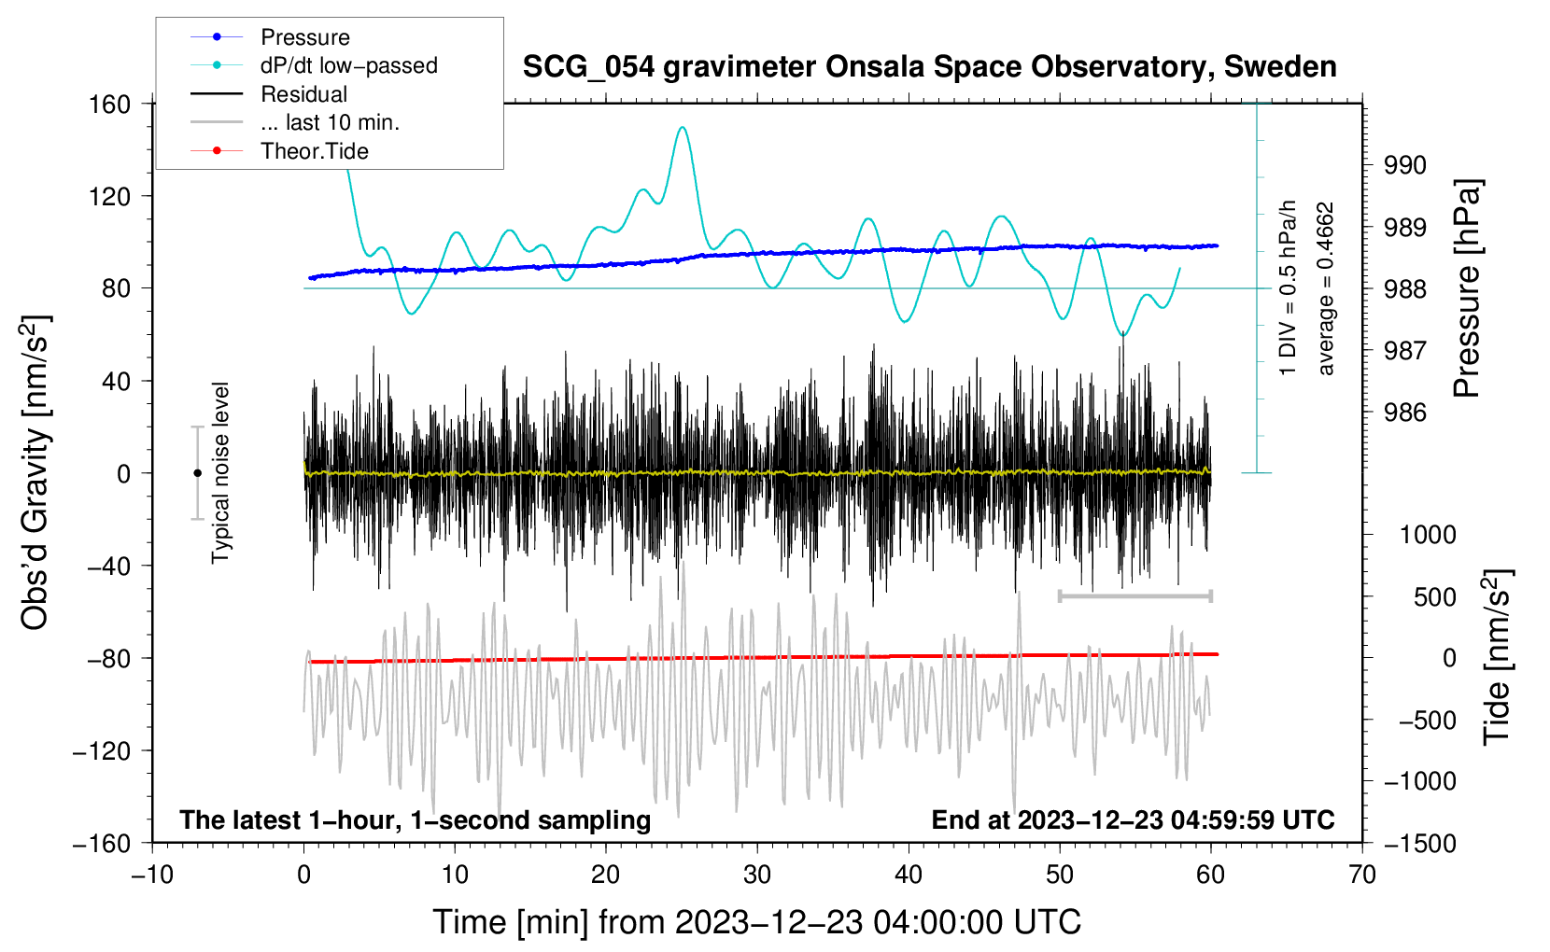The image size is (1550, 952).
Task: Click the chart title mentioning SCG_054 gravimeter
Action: click(x=929, y=67)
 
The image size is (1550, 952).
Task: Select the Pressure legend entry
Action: click(x=304, y=37)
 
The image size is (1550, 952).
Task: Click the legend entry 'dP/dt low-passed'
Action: click(x=348, y=65)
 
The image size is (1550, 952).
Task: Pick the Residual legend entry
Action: click(x=303, y=94)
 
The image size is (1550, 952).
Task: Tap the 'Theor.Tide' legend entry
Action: click(x=314, y=151)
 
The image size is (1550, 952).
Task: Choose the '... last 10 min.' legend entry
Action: click(x=330, y=122)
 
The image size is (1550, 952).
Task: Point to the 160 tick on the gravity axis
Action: click(x=109, y=104)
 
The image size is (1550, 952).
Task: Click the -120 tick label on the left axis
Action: click(x=102, y=750)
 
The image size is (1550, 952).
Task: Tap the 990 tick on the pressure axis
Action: click(x=1405, y=165)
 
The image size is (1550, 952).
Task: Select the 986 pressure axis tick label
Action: click(x=1405, y=413)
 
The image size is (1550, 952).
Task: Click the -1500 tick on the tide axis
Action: click(x=1419, y=843)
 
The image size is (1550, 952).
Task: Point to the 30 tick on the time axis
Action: click(x=757, y=875)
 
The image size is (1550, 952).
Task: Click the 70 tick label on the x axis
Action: click(x=1362, y=875)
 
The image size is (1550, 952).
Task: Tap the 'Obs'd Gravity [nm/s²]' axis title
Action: click(x=35, y=472)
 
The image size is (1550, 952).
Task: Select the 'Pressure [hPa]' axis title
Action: click(x=1467, y=288)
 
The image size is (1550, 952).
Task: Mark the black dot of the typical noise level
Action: click(x=197, y=473)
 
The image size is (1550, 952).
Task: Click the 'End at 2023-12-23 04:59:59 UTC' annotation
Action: click(x=1133, y=819)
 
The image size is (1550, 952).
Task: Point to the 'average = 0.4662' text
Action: click(x=1326, y=289)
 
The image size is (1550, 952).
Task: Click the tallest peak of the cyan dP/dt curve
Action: click(x=683, y=128)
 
